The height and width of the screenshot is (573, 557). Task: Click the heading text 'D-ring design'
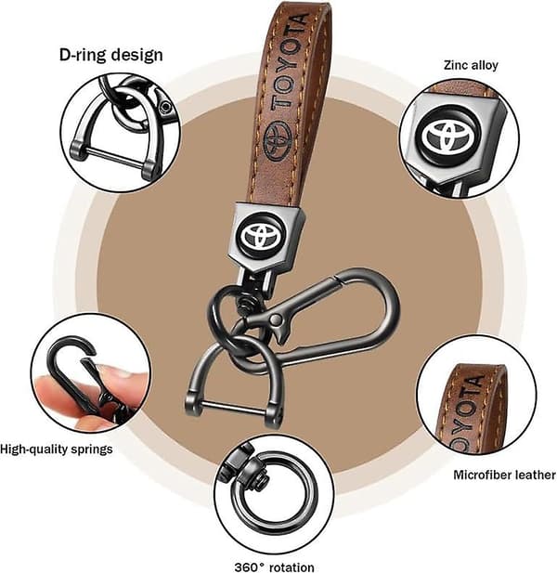coord(111,55)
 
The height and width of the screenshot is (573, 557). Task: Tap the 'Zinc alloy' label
coord(471,65)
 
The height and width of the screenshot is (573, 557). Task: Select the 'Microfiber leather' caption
coord(504,475)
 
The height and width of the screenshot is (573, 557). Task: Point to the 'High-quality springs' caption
coord(57,449)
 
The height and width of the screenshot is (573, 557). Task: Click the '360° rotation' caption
coord(274,566)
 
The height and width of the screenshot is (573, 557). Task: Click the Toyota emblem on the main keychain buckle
coord(262,234)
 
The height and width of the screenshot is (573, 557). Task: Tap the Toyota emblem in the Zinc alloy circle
coord(447,137)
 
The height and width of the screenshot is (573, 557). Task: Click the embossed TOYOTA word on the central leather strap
coord(290,61)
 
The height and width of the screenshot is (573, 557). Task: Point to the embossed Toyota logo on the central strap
coord(277,139)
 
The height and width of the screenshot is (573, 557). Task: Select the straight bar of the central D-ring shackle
coord(233,408)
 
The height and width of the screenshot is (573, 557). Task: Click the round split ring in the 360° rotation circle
coord(274,498)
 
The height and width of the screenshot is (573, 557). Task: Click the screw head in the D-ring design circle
coord(166,107)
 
